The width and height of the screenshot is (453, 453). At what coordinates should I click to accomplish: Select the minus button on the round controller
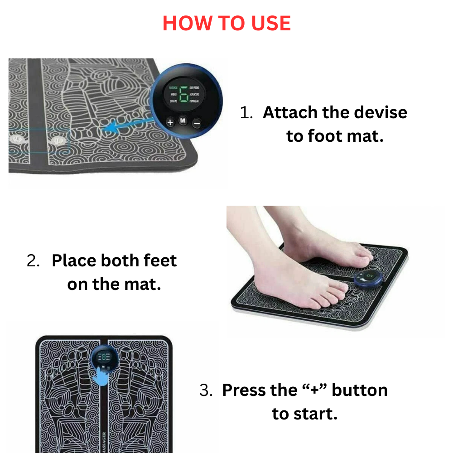coord(197,122)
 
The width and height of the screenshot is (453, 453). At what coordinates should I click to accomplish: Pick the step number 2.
coord(33,261)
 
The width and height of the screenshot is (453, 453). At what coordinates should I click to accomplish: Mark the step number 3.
coord(206,390)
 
